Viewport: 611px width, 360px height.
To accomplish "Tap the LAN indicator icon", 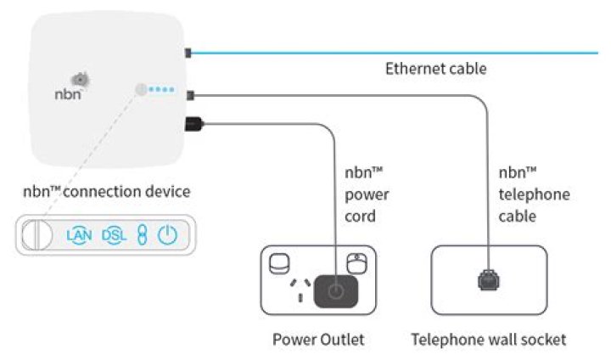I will (x=79, y=235).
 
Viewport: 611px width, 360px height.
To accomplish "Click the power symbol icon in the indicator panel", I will (x=168, y=235).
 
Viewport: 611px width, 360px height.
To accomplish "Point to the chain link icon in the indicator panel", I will (x=142, y=235).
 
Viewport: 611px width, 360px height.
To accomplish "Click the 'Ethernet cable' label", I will (x=435, y=69).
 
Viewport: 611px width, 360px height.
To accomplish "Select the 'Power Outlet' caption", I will (x=317, y=340).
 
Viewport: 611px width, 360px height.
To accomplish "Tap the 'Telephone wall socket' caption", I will (x=488, y=340).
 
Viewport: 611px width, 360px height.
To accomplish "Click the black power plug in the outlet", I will (x=335, y=291).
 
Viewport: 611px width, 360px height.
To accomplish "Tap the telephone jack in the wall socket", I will (x=489, y=279).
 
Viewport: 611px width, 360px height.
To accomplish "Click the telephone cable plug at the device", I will (x=192, y=93).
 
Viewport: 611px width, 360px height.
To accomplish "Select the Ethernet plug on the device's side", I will (x=189, y=53).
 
